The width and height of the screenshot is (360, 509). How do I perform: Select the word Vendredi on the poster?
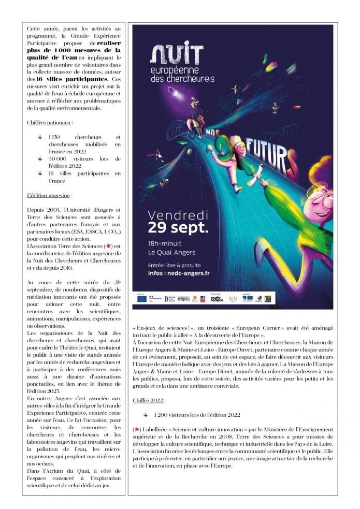click(178, 214)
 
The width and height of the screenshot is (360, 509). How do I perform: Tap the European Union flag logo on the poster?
click(141, 299)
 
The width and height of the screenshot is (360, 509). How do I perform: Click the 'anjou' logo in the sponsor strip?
click(183, 299)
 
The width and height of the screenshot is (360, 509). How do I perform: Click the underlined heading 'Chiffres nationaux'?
click(50, 123)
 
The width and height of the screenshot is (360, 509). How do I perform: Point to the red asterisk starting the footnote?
click(135, 430)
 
